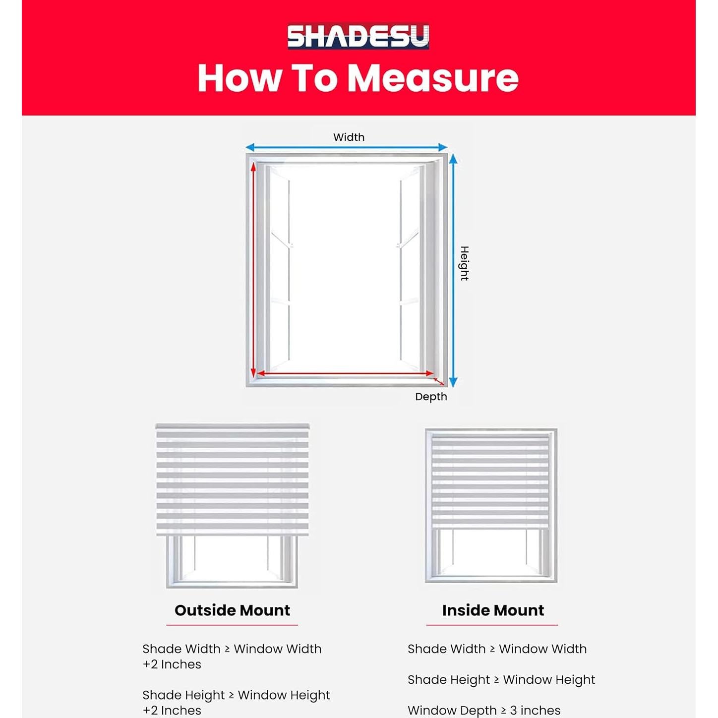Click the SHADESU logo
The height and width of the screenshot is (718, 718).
pos(358,37)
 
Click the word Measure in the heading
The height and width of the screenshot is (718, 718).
pos(432,78)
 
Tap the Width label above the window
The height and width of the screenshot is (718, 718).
pos(349,137)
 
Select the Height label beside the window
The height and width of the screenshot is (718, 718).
pos(464,263)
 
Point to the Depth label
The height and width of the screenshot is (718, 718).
pos(431,397)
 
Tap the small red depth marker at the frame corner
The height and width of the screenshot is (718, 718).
pos(438,381)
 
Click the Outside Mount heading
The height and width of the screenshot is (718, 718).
pos(232,610)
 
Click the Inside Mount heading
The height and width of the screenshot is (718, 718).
pos(493,610)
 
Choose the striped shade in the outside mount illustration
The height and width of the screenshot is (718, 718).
pos(232,480)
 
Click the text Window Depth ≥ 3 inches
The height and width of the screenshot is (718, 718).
pos(484,710)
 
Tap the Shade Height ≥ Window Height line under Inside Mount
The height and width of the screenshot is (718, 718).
pos(501,679)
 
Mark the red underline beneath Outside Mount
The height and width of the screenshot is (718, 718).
pos(232,625)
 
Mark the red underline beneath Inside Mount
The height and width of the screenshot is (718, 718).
pos(492,625)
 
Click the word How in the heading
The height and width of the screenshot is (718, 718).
pos(239,78)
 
